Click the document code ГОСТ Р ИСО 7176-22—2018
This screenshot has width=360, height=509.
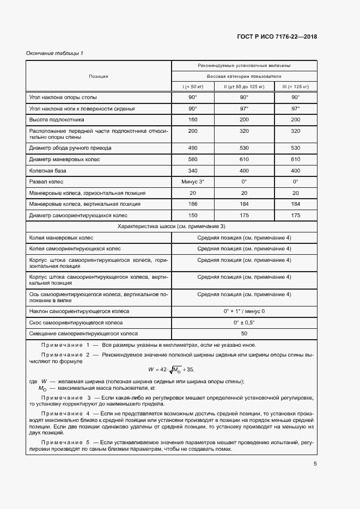277,37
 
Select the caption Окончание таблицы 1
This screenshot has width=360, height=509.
54,53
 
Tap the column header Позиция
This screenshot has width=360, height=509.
99,76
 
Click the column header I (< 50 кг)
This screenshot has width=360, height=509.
192,87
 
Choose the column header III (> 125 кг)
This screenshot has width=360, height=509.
295,87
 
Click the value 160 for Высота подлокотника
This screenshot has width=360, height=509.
192,119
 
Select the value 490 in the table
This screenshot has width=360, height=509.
192,148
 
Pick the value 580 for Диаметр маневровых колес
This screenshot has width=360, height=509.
192,159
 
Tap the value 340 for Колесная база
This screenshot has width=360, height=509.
192,170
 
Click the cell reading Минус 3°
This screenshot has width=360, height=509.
192,181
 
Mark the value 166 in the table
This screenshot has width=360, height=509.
192,204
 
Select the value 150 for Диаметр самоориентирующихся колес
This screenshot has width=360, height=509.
192,216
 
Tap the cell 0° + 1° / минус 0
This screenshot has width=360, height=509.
244,311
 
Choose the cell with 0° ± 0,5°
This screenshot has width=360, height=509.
244,322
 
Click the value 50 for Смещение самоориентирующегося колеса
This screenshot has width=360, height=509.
244,333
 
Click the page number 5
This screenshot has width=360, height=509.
315,464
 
